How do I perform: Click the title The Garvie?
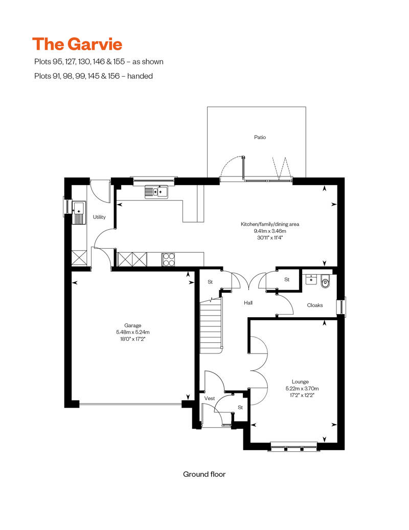click(x=77, y=44)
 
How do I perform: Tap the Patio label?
click(x=260, y=137)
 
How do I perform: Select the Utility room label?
click(x=99, y=217)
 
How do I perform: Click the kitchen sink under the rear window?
click(x=156, y=192)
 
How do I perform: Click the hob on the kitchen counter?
click(x=168, y=259)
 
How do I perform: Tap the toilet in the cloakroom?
click(x=326, y=281)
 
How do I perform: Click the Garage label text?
click(x=132, y=325)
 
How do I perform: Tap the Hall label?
click(x=248, y=303)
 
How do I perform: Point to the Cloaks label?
click(x=314, y=305)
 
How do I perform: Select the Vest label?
click(x=209, y=398)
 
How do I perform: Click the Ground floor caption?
click(x=204, y=474)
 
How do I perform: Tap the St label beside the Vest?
click(x=240, y=408)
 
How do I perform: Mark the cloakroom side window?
click(x=341, y=306)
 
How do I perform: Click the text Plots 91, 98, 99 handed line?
click(x=93, y=76)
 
